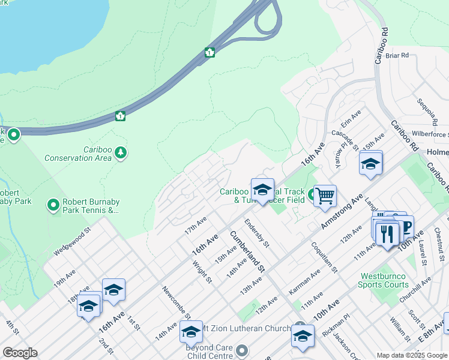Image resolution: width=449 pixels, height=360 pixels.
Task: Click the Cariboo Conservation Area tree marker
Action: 121,152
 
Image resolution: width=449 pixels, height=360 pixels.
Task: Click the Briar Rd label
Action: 397,55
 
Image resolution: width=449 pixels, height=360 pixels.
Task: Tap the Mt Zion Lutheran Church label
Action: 246,328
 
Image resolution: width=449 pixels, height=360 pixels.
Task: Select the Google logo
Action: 20,352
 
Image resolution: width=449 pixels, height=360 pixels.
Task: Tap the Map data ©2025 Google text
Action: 411,355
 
